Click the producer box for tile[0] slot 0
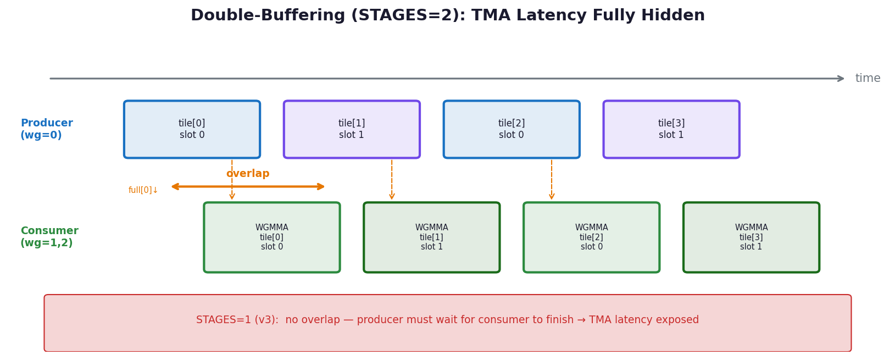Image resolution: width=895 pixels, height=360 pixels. point(192,129)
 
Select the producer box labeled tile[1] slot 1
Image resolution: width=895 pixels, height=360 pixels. point(352,129)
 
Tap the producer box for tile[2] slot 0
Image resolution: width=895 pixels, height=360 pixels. point(512,129)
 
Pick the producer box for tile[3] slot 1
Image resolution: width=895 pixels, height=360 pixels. point(671,129)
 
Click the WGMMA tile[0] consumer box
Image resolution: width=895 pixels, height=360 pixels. point(271,237)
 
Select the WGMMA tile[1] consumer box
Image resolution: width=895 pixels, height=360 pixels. point(431,237)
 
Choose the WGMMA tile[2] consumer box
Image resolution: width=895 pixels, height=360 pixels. point(591,237)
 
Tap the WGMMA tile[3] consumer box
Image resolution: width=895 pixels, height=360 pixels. point(751,237)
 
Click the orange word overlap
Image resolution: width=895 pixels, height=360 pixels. point(248,174)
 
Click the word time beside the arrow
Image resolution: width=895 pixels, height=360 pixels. point(868,79)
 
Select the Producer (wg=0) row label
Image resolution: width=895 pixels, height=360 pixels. point(47,129)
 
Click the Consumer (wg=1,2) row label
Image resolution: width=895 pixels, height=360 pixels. point(49,237)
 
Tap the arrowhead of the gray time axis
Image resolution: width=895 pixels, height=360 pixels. point(840,79)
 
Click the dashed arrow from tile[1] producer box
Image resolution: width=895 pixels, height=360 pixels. point(392,180)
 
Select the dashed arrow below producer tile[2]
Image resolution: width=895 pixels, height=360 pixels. point(552,180)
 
